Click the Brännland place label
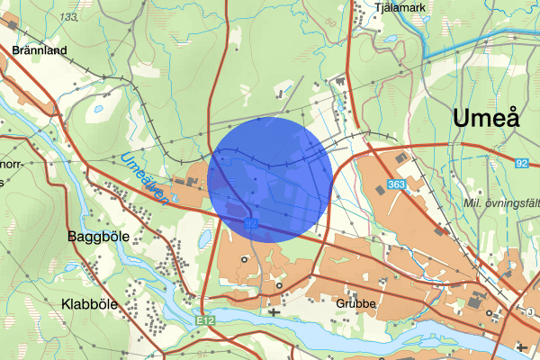coord(40,51)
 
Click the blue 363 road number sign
coord(397,184)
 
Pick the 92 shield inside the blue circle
coord(251,221)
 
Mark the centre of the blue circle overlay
coord(269,179)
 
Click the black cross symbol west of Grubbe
coord(274,312)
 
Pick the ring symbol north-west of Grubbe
coord(279,286)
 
